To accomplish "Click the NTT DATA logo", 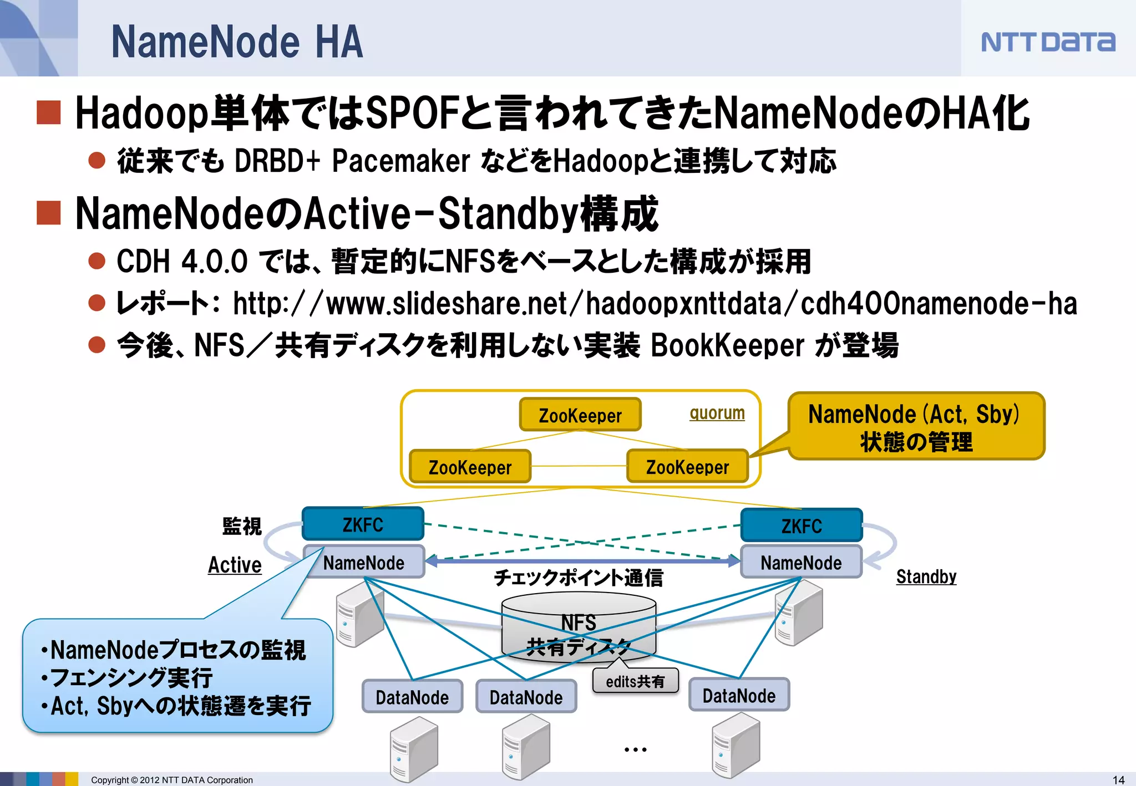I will pyautogui.click(x=1047, y=42).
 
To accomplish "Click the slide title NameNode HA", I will pyautogui.click(x=237, y=42).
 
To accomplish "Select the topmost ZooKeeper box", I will pyautogui.click(x=580, y=415).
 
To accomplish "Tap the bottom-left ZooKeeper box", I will pyautogui.click(x=470, y=467).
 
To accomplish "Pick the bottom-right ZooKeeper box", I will pyautogui.click(x=687, y=467).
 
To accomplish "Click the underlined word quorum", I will pyautogui.click(x=717, y=413).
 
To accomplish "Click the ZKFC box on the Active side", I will pyautogui.click(x=363, y=524).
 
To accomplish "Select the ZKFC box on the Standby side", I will pyautogui.click(x=802, y=525).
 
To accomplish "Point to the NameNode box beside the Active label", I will pyautogui.click(x=364, y=563).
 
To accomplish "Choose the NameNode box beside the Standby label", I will pyautogui.click(x=801, y=563).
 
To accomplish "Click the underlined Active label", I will pyautogui.click(x=235, y=565).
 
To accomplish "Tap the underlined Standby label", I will pyautogui.click(x=926, y=576).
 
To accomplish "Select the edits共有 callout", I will pyautogui.click(x=635, y=681).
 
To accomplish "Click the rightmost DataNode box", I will pyautogui.click(x=739, y=695).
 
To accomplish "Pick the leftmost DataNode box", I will pyautogui.click(x=412, y=697).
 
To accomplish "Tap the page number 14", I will pyautogui.click(x=1118, y=779).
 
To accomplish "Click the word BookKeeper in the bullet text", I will pyautogui.click(x=727, y=345).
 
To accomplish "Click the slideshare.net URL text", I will pyautogui.click(x=655, y=304).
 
